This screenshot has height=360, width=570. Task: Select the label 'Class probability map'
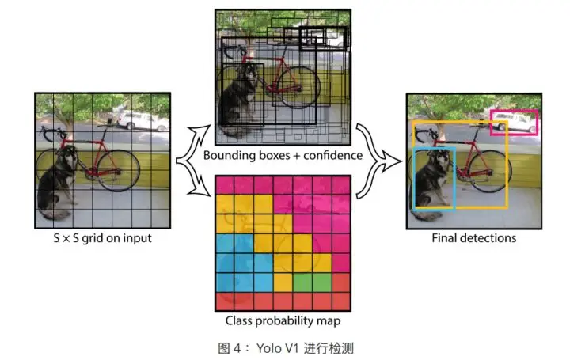pyautogui.click(x=283, y=321)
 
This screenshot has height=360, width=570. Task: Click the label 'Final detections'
pyautogui.click(x=473, y=237)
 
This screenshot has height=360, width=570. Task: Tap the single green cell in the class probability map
pyautogui.click(x=302, y=281)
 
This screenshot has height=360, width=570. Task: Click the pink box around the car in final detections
pyautogui.click(x=515, y=112)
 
